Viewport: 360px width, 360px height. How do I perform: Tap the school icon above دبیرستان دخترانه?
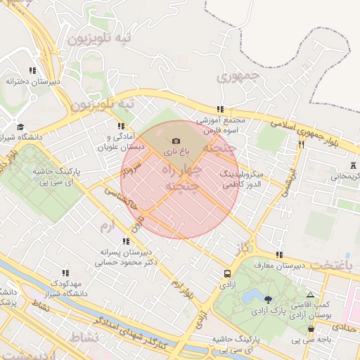point(32,71)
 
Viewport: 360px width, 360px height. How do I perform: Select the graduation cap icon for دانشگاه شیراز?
point(21,127)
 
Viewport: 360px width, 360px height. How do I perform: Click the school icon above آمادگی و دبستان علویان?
point(121,127)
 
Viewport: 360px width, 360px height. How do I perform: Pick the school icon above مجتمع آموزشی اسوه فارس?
point(220,110)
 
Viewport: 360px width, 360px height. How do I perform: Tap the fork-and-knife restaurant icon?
point(301,144)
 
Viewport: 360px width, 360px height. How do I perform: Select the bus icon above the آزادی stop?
point(227,274)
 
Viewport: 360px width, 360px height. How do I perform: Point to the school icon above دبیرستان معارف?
point(279,255)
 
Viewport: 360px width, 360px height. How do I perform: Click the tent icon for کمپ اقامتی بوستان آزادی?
point(310,295)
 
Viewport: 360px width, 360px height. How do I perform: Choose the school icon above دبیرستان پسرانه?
point(126,241)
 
